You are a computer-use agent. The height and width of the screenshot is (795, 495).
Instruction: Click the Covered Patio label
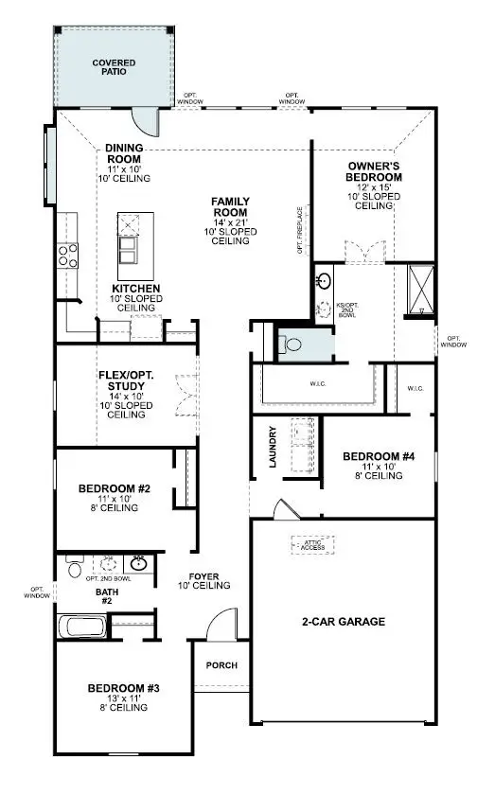click(114, 67)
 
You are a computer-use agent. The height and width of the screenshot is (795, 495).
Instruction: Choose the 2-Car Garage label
click(344, 622)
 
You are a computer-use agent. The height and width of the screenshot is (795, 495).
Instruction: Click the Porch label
click(222, 664)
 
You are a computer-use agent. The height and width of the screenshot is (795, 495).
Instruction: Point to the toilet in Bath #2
click(74, 568)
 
